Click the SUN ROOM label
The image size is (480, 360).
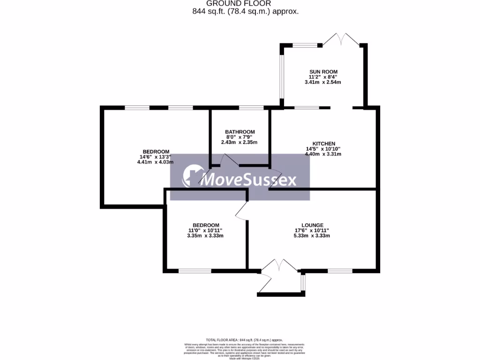(x=323, y=71)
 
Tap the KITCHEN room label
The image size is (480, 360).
(x=324, y=143)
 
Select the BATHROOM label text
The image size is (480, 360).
(x=240, y=132)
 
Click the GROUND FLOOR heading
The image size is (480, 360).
(x=245, y=3)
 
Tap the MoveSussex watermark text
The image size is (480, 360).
(x=248, y=180)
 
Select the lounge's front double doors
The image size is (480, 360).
(x=280, y=266)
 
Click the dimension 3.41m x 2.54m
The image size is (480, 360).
(x=323, y=82)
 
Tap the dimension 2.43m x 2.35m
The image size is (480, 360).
(x=240, y=142)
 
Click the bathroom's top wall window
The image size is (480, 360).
(x=251, y=108)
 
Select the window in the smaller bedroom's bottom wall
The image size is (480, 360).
(x=195, y=270)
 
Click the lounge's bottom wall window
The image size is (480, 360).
(x=340, y=270)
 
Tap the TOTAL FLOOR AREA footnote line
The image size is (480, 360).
(x=245, y=339)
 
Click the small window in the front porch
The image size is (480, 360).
(x=303, y=282)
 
